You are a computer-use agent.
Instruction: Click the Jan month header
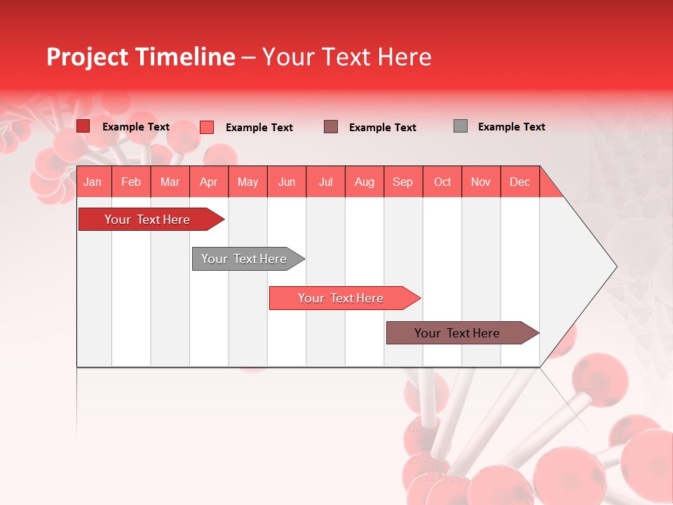pos(93,182)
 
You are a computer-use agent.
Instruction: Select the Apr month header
pos(208,182)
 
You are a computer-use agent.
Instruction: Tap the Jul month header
pos(325,182)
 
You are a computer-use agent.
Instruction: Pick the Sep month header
pos(402,182)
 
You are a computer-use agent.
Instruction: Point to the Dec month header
pos(519,182)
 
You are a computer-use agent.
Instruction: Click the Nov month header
pos(480,182)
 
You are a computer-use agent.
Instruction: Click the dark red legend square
pos(83,126)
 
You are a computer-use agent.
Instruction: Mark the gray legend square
pos(461,126)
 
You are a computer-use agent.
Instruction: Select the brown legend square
pos(331,126)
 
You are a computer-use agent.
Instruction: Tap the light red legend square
pos(207,127)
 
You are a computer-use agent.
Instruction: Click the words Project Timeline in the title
pos(140,57)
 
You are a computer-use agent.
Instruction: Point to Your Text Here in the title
pos(346,57)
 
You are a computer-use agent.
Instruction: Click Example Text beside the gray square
pos(511,127)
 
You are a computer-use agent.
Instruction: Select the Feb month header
pos(131,182)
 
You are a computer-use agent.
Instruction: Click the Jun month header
pos(287,182)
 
